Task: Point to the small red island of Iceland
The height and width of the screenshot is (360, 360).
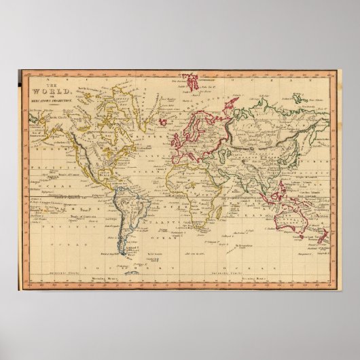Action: (x=165, y=115)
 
